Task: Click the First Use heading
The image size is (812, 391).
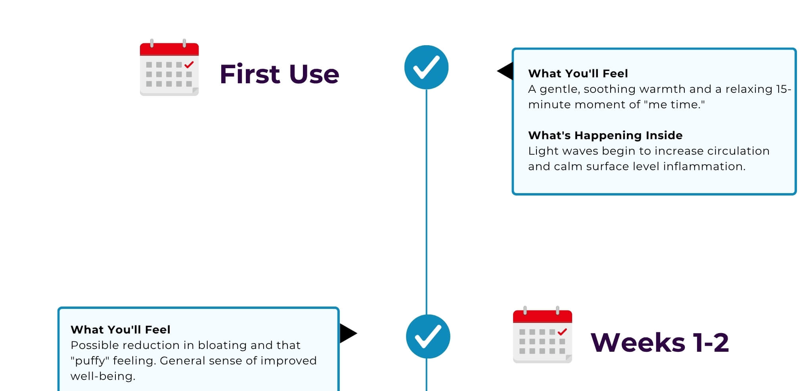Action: tap(280, 74)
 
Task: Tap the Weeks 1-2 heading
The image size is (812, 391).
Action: tap(660, 343)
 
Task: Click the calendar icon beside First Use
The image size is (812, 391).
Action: tap(169, 67)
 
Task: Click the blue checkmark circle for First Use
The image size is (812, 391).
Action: tap(426, 67)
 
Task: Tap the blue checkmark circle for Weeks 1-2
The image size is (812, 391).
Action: tap(428, 336)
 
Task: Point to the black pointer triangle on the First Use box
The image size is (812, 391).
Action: tap(505, 71)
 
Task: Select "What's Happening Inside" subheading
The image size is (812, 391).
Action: tap(605, 136)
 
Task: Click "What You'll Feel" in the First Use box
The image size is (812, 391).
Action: tap(578, 74)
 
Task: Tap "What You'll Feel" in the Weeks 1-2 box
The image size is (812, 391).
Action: tap(121, 330)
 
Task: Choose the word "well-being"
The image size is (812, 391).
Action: tap(103, 376)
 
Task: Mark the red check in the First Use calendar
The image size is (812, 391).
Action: tap(189, 64)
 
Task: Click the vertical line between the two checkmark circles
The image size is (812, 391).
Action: tap(427, 202)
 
